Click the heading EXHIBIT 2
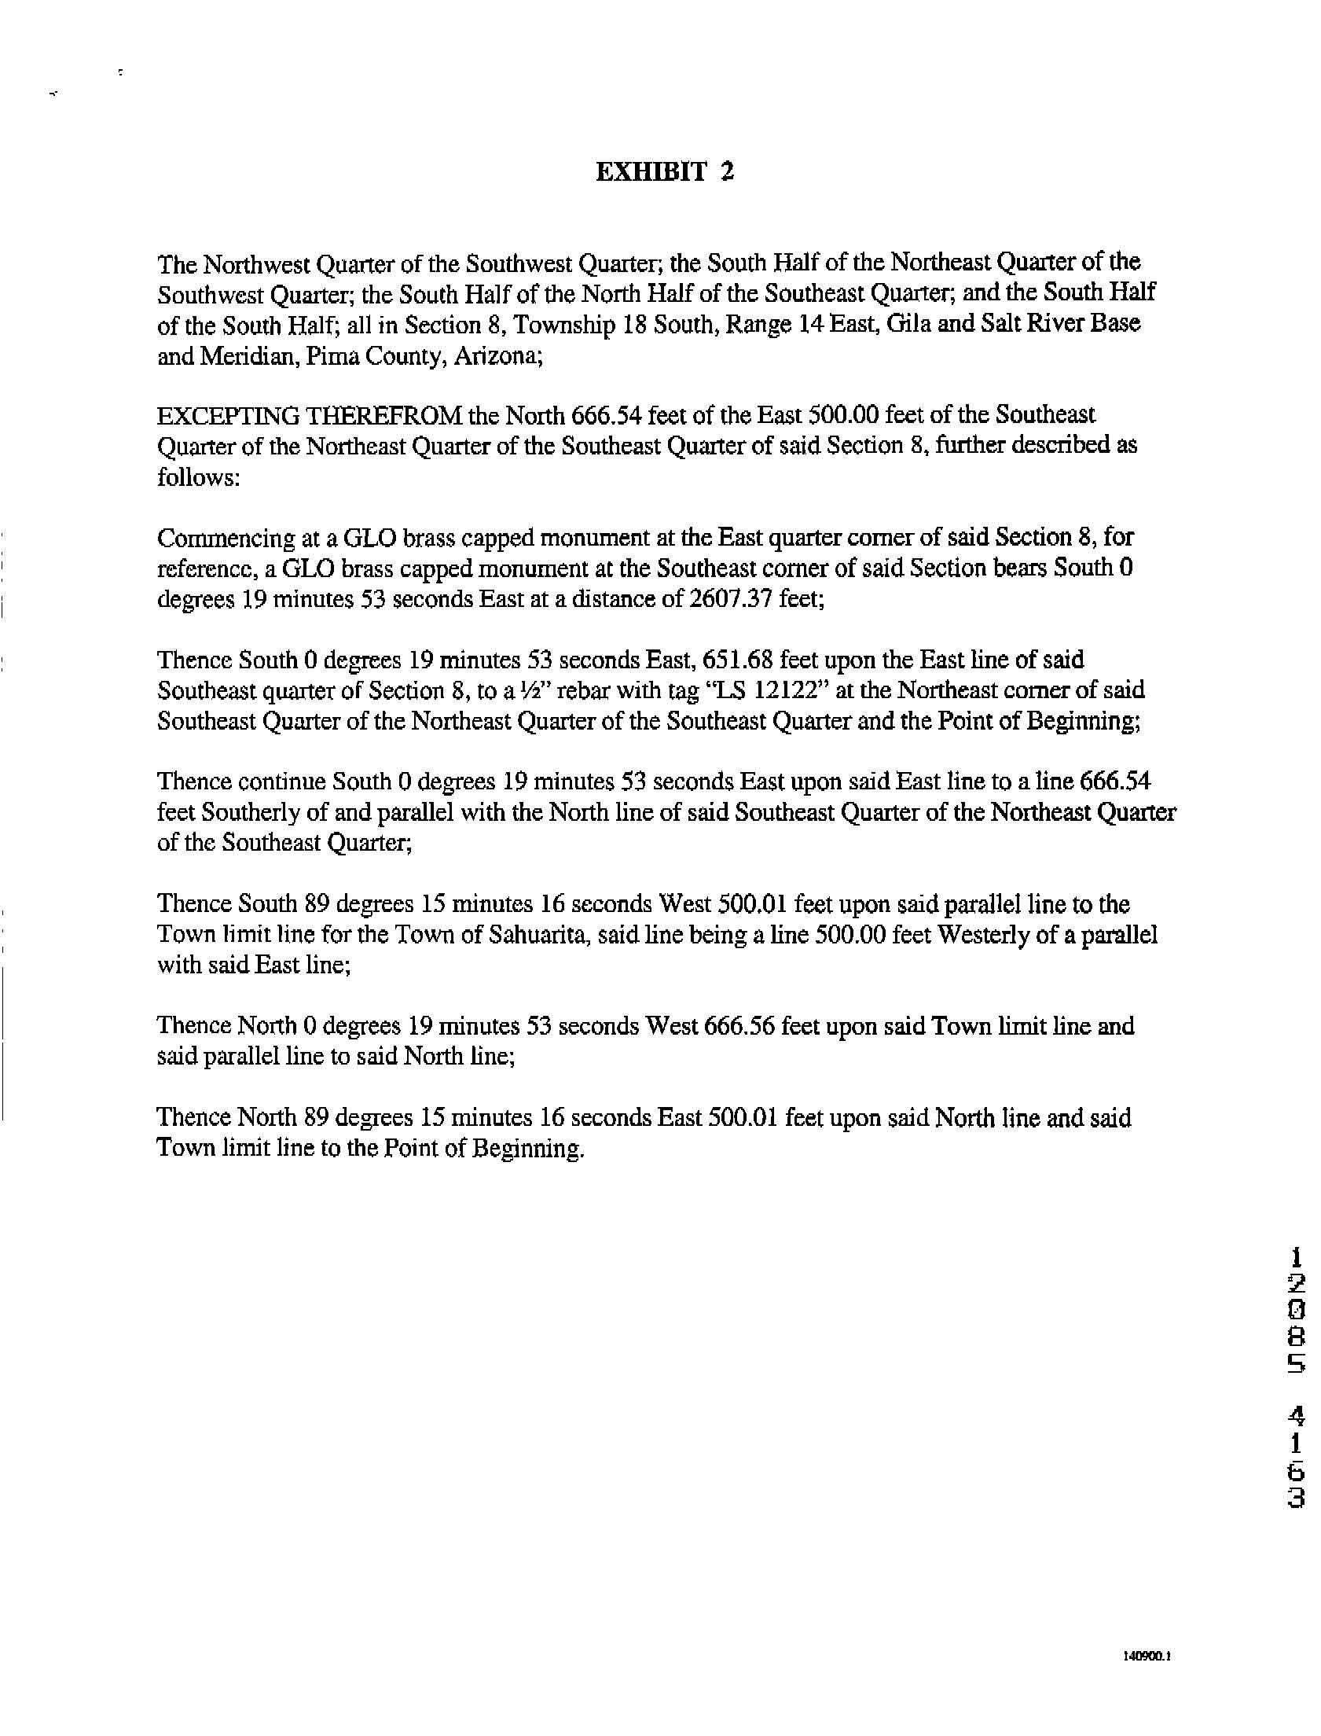pyautogui.click(x=665, y=171)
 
